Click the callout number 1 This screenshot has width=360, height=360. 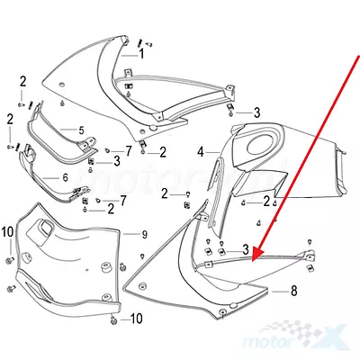click(x=141, y=54)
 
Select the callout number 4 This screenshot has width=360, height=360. click(x=201, y=152)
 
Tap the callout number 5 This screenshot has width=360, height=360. click(x=81, y=130)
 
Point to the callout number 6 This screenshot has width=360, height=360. click(x=66, y=177)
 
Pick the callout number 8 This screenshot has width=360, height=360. click(x=293, y=291)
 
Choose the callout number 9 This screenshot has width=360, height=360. click(x=145, y=234)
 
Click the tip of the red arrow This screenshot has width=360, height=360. click(x=253, y=261)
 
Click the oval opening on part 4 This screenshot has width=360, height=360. click(x=262, y=145)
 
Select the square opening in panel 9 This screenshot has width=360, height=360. click(x=46, y=229)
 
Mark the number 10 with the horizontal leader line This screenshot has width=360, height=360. click(x=136, y=319)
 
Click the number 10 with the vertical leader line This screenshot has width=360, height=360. click(x=8, y=232)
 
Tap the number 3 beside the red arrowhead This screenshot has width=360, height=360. click(x=246, y=248)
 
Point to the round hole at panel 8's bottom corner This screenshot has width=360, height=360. click(x=222, y=312)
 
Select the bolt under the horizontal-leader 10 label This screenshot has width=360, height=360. click(x=113, y=321)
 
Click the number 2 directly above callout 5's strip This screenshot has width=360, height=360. click(x=22, y=82)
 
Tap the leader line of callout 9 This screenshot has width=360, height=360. click(x=130, y=234)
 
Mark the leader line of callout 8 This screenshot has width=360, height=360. click(x=280, y=291)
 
